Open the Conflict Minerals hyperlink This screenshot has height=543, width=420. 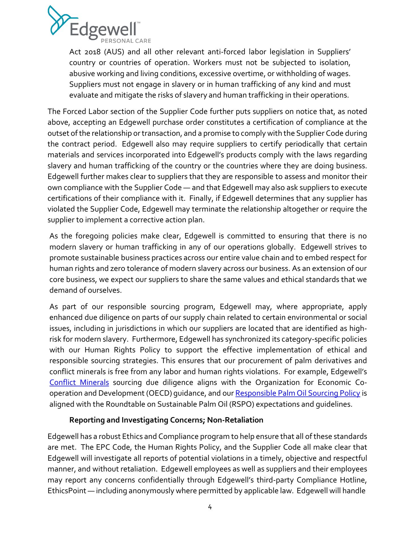click(x=79, y=382)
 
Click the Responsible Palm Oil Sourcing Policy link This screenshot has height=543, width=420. click(x=297, y=393)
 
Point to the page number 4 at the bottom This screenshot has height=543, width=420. click(x=210, y=507)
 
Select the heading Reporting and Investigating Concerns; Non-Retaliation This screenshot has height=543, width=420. click(x=166, y=420)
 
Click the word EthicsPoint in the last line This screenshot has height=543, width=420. click(x=67, y=490)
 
